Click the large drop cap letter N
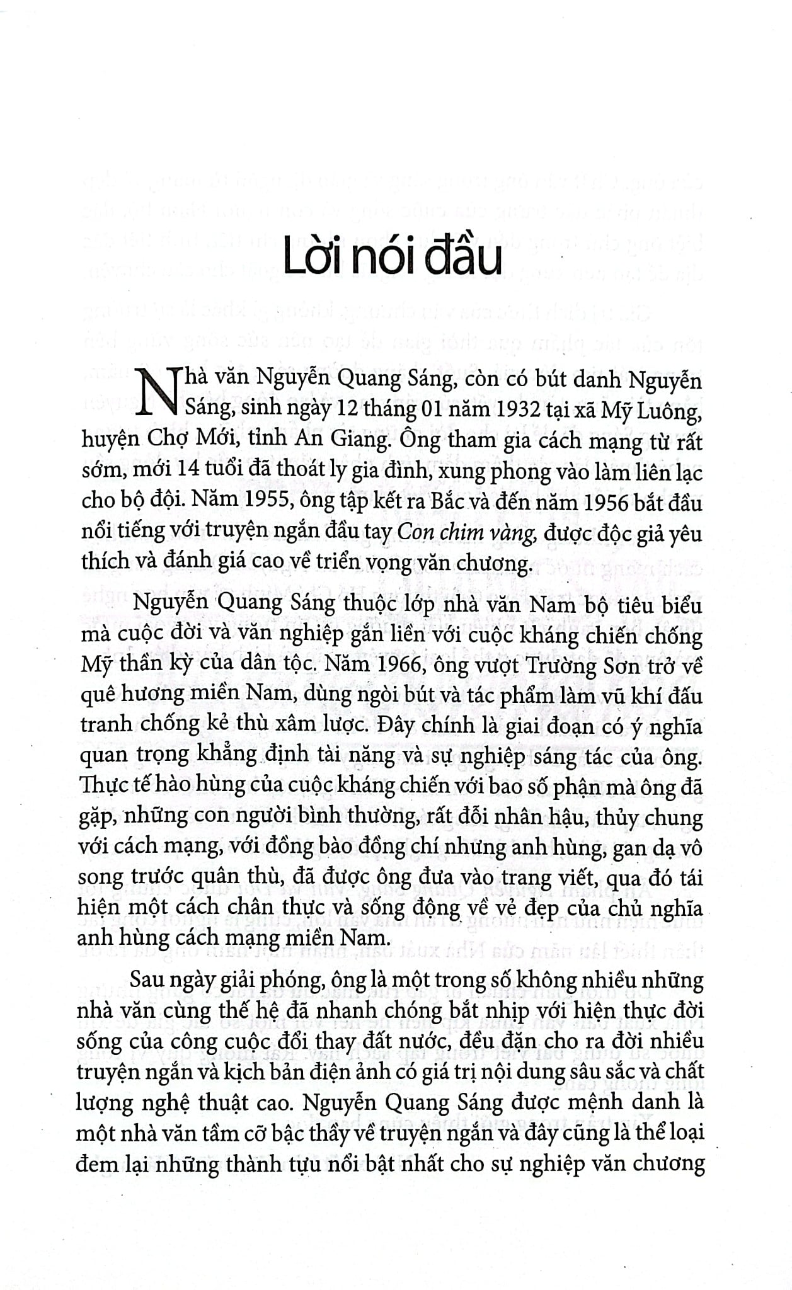pyautogui.click(x=156, y=392)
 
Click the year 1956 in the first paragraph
pyautogui.click(x=598, y=502)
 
